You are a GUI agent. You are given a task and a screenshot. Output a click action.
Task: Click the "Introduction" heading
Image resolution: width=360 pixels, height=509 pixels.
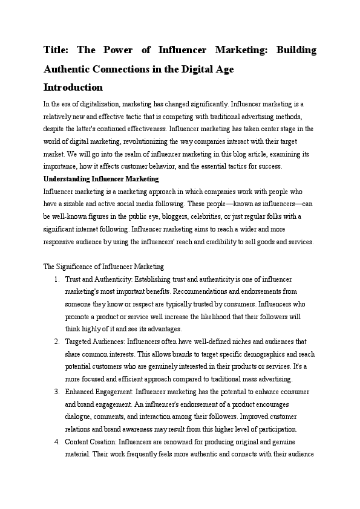[73, 87]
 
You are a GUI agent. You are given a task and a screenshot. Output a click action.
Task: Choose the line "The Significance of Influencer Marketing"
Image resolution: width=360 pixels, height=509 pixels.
[103, 266]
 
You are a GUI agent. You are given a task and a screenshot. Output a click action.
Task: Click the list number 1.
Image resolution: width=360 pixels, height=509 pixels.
[56, 279]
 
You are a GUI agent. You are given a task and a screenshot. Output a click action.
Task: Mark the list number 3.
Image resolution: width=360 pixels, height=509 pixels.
[56, 392]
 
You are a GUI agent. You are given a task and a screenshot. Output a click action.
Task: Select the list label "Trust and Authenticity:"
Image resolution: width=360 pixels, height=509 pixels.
[99, 279]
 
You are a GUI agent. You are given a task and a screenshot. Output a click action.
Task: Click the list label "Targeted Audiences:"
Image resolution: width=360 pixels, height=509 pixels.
[95, 342]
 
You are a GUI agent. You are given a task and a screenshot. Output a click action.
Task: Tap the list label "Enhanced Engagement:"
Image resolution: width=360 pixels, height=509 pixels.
[99, 392]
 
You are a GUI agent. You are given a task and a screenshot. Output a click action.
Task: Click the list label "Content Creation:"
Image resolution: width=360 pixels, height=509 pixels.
[92, 442]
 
